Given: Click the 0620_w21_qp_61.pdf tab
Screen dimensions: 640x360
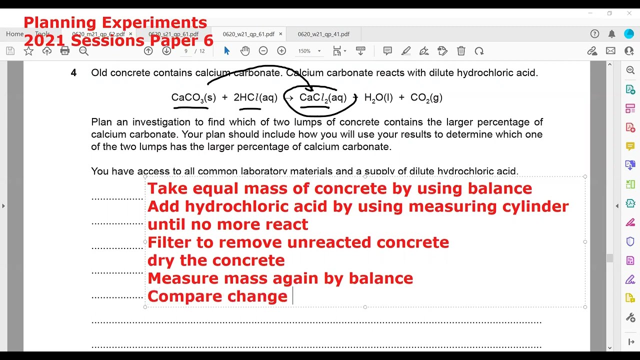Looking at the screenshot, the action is [x=248, y=34].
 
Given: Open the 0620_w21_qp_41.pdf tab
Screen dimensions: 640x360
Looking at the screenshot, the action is [x=323, y=34].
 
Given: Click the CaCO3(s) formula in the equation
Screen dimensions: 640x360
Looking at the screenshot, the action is [x=193, y=97].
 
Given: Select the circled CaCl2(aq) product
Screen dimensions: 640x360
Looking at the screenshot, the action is [x=322, y=97].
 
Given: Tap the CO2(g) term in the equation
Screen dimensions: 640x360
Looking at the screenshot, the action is [x=426, y=97].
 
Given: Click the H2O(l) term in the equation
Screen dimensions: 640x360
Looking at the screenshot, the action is [x=378, y=97].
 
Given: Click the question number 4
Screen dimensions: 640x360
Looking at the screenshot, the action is [x=73, y=73].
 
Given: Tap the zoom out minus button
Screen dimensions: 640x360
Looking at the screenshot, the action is [x=263, y=51].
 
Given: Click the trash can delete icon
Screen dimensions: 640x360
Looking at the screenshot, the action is [x=461, y=51].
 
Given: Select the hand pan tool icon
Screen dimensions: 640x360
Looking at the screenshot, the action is [x=244, y=51].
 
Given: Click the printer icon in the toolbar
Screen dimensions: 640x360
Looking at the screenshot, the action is [x=64, y=51].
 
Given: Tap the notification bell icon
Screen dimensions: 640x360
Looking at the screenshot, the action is [x=611, y=34].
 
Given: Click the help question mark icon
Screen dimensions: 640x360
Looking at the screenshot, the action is [x=594, y=34].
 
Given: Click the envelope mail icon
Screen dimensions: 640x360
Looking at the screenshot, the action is [x=610, y=51].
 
